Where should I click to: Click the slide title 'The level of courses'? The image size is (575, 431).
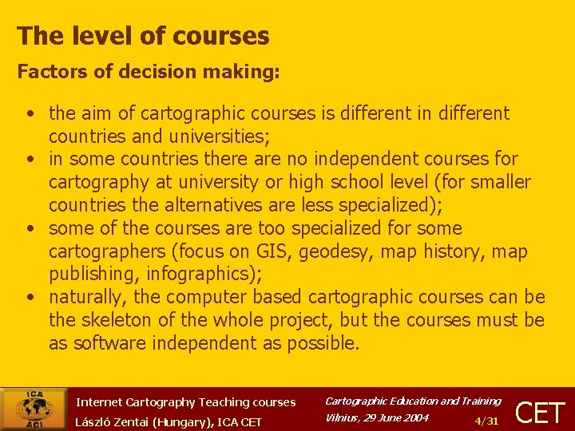[143, 36]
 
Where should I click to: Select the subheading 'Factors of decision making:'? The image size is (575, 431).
[149, 72]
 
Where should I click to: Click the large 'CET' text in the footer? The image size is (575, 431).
[541, 413]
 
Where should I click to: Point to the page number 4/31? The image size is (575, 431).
[486, 421]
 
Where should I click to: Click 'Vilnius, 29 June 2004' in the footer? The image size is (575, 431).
[377, 417]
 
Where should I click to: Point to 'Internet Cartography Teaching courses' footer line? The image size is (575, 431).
[185, 402]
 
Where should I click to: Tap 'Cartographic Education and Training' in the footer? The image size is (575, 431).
[412, 401]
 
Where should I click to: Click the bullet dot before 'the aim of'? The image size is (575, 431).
[28, 114]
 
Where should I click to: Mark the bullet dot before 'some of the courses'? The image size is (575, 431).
[28, 229]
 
